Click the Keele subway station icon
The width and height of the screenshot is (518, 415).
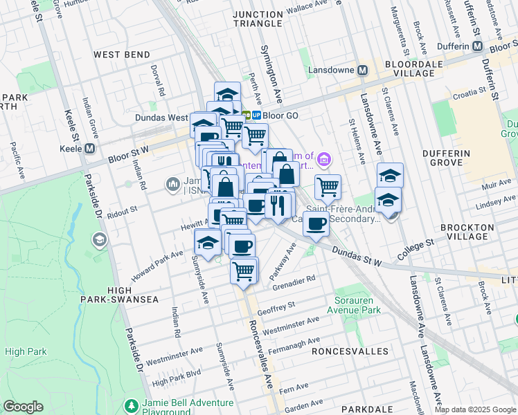[90, 149]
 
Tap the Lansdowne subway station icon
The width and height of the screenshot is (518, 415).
[362, 71]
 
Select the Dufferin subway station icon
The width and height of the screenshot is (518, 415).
[477, 46]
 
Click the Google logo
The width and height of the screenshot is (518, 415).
[23, 407]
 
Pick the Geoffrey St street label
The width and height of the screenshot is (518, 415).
[276, 304]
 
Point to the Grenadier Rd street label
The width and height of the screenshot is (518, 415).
[294, 282]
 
